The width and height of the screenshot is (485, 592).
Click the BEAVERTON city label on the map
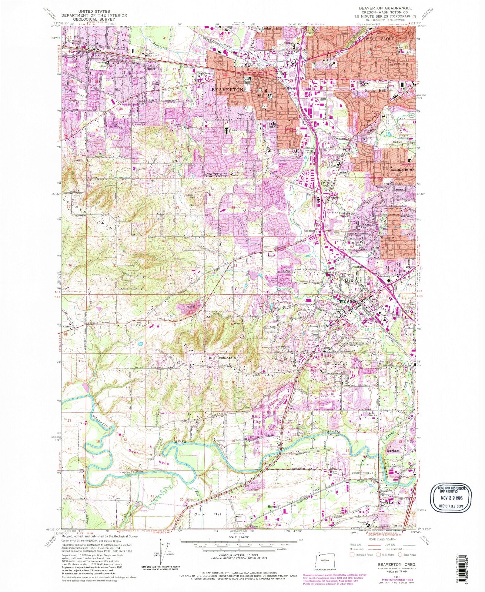tap(227, 90)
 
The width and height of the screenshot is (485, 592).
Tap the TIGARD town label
tap(347, 302)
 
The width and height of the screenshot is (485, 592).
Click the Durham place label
tap(394, 451)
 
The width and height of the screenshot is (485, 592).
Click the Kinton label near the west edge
tap(67, 326)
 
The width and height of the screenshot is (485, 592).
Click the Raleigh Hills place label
tap(375, 91)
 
